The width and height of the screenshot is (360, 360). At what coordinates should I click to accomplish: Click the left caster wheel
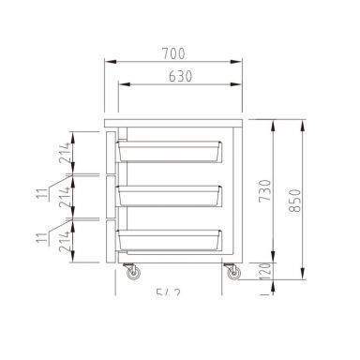tap(130, 273)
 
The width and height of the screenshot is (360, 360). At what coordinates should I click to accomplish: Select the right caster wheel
tap(231, 273)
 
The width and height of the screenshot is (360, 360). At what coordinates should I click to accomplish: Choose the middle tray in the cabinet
tap(170, 195)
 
